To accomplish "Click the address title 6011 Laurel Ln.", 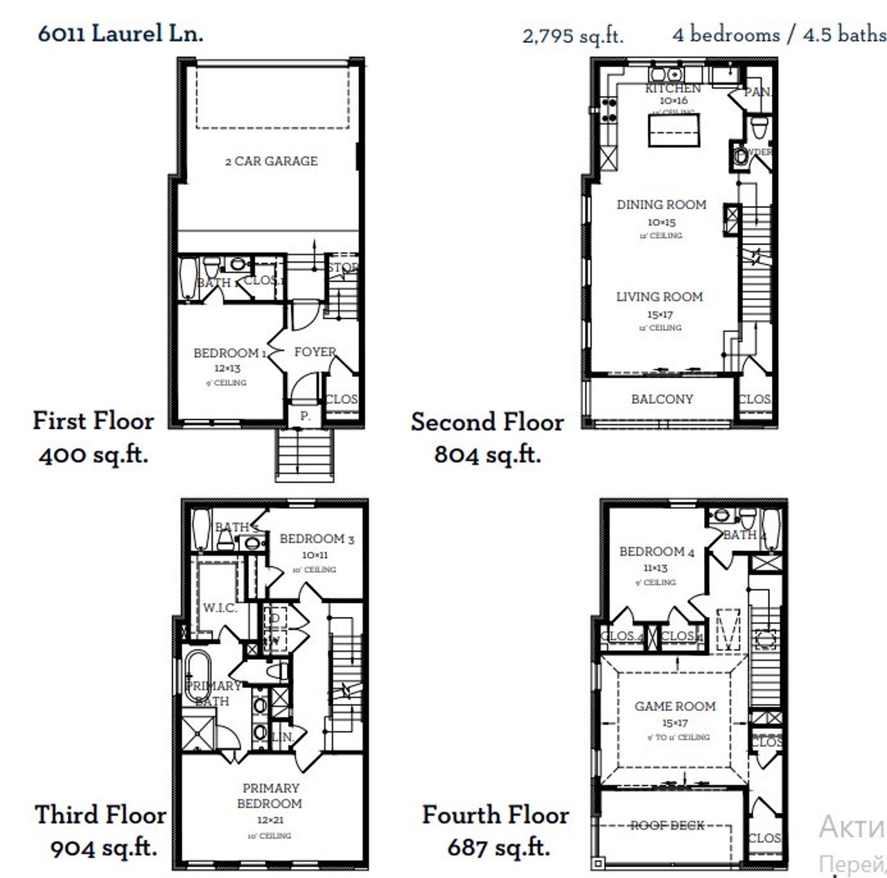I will [121, 33].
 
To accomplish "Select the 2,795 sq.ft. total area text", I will [572, 35].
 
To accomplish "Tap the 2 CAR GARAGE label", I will [271, 161].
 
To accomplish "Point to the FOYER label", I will [315, 352].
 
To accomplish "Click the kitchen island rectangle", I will [674, 130].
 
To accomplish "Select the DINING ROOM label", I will [661, 204].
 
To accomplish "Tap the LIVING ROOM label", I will [659, 297].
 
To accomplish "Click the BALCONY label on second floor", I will [662, 399].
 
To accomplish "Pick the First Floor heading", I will [94, 421].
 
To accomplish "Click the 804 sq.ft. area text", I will [487, 455].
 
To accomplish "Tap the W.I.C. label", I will [220, 608].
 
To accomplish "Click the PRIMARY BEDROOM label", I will [270, 796].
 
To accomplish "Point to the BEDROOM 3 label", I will [317, 538].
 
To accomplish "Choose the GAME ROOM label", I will [675, 706].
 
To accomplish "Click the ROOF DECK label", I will [667, 825].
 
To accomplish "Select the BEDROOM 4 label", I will [656, 552].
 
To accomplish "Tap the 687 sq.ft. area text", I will [498, 847].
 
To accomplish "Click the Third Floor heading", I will [100, 814].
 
